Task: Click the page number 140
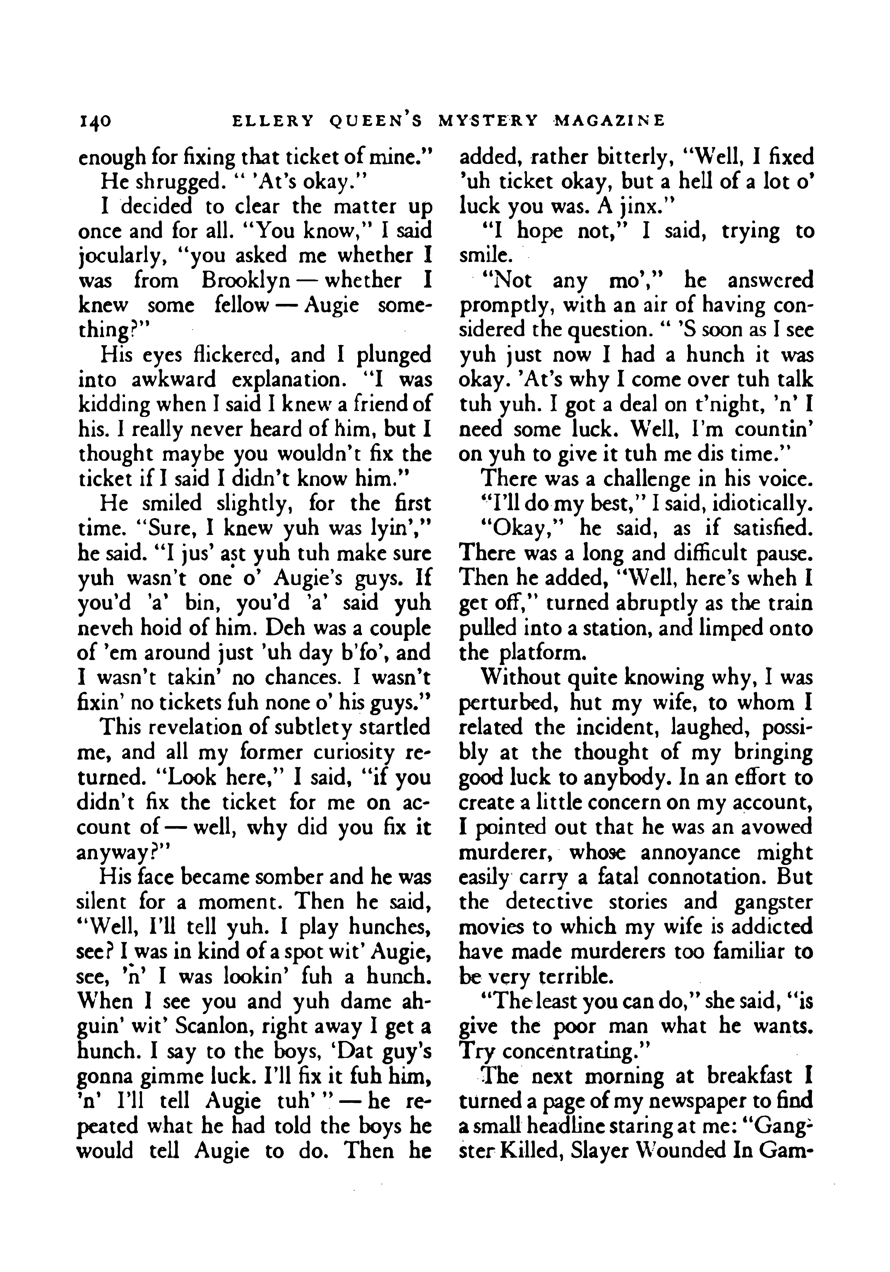(x=95, y=121)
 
